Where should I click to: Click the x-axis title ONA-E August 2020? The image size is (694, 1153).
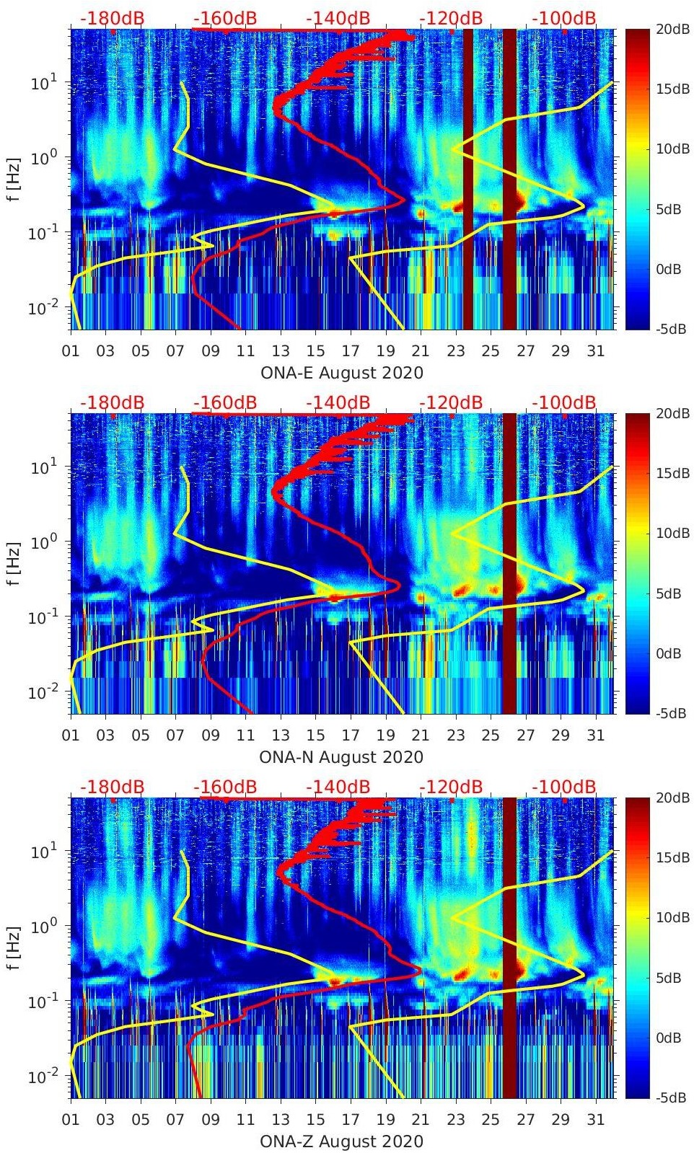341,373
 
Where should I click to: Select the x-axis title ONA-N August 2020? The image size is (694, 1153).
341,757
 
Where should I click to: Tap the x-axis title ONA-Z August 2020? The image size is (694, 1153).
341,1141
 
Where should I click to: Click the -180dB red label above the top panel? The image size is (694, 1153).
112,18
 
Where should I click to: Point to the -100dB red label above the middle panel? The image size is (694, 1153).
564,402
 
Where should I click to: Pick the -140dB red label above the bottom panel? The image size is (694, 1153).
338,787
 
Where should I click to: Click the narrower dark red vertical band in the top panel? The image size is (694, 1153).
468,179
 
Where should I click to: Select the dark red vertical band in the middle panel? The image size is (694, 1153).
509,563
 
